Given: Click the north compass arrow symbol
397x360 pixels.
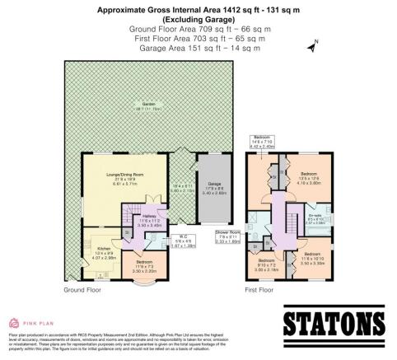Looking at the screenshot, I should (x=312, y=47).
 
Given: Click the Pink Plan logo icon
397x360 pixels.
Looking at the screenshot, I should (x=14, y=322).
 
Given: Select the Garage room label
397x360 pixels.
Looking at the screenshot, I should (x=215, y=187).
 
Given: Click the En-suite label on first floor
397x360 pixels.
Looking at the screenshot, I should (x=314, y=218).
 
